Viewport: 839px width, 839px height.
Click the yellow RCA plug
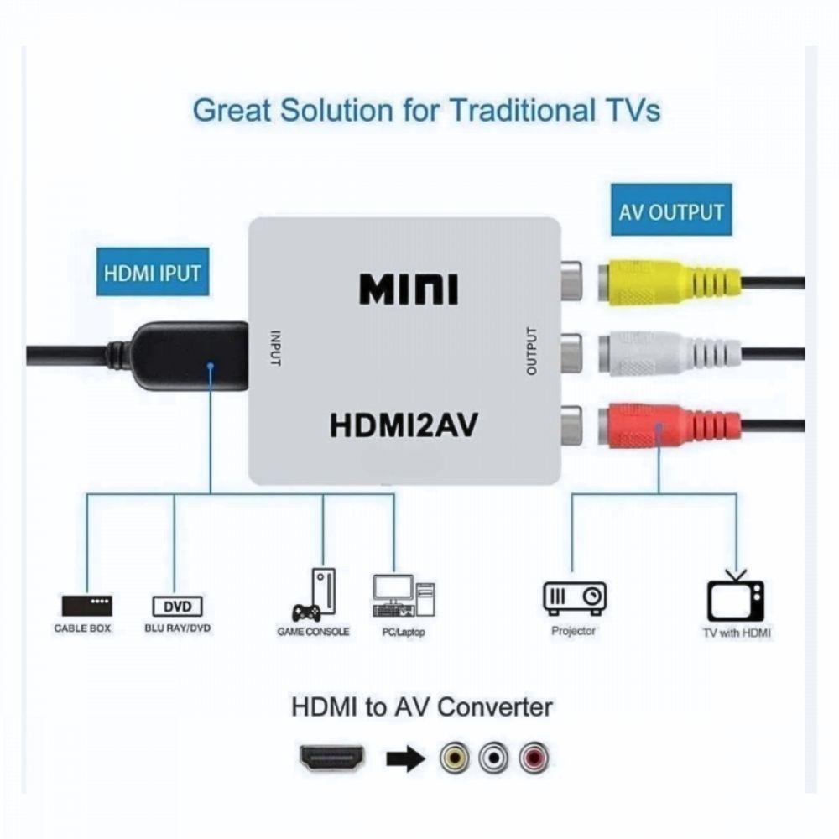[x=669, y=281]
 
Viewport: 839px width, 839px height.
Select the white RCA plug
[x=669, y=353]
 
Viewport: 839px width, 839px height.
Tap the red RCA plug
[x=669, y=425]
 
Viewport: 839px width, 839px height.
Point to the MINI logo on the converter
[x=409, y=289]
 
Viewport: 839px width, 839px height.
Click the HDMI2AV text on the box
[x=404, y=425]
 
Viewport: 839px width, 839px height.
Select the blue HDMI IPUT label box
[x=153, y=272]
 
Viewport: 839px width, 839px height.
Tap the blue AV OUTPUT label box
[x=671, y=210]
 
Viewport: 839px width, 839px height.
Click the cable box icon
[x=86, y=606]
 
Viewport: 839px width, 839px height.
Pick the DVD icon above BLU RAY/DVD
[x=178, y=607]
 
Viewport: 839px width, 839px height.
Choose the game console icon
[x=315, y=595]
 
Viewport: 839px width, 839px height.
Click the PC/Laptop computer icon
[x=404, y=596]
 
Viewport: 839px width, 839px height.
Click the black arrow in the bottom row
[x=405, y=758]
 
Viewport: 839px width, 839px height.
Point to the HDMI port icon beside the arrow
[x=331, y=758]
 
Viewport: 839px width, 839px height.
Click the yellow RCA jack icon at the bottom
[x=455, y=758]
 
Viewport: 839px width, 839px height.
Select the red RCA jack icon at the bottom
[x=534, y=758]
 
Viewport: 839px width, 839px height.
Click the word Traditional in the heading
[x=522, y=110]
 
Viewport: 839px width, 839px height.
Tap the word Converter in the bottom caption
[x=495, y=706]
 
